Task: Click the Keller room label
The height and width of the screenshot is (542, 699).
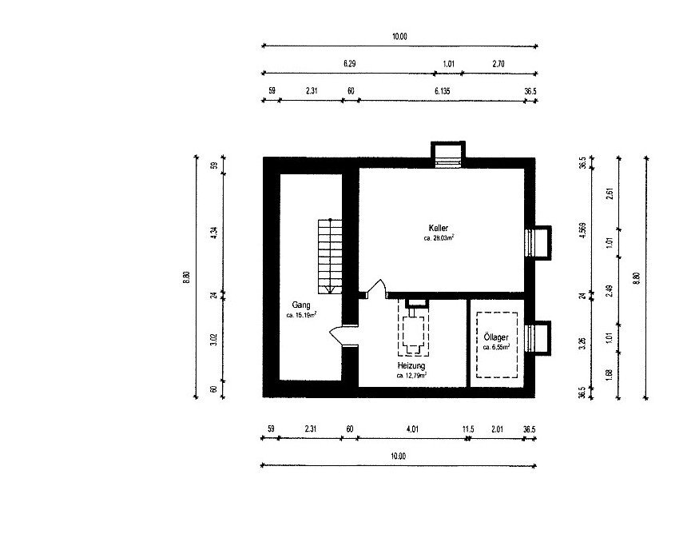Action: [439, 228]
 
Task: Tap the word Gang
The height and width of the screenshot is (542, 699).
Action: [301, 305]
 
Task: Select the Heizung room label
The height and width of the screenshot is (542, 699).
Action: [411, 366]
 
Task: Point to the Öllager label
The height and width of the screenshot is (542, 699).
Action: [496, 337]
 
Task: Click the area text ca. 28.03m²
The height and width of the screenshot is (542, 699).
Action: [439, 237]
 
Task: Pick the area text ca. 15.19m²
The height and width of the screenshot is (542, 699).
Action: [301, 315]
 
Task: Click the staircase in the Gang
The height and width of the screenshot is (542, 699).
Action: [330, 256]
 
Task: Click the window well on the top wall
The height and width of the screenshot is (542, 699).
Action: [447, 154]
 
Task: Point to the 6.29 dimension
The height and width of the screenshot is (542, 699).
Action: [350, 63]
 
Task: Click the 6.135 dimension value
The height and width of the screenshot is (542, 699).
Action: [443, 91]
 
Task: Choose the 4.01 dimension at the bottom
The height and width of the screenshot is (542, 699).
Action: [412, 429]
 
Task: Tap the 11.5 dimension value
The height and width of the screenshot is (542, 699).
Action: [468, 429]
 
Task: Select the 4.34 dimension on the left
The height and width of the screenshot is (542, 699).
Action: [213, 233]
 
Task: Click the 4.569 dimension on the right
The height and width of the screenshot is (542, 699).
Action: [582, 230]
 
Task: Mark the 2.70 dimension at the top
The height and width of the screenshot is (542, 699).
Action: [498, 64]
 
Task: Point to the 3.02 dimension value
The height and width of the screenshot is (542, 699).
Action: [213, 340]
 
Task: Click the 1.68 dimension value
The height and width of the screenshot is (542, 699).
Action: [610, 375]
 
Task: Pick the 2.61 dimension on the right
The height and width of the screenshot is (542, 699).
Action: [610, 193]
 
